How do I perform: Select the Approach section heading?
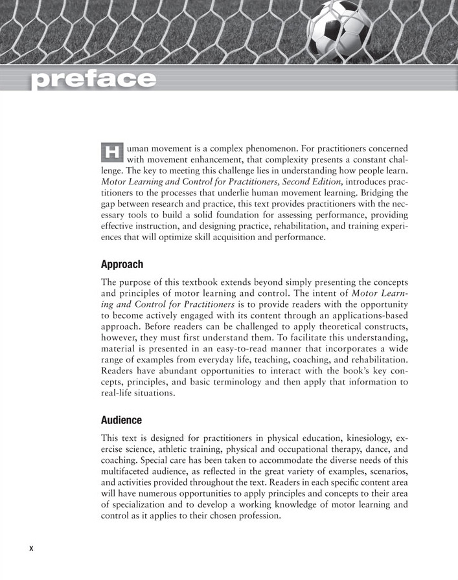(x=122, y=264)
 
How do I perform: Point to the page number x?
(x=30, y=548)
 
